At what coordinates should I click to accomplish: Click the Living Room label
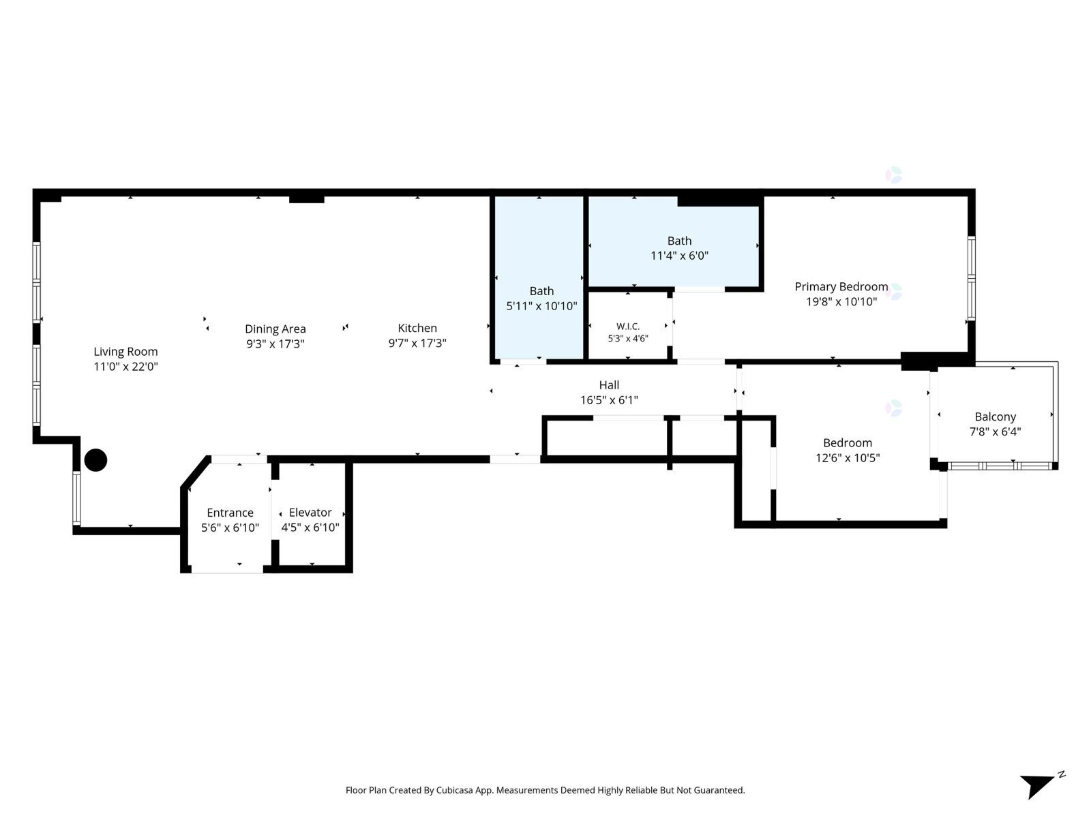(x=125, y=352)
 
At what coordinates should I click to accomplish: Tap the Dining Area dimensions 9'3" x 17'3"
(x=275, y=344)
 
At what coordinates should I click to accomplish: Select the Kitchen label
(x=417, y=328)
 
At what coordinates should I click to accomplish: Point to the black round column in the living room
(x=95, y=460)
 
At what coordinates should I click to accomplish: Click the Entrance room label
(x=230, y=513)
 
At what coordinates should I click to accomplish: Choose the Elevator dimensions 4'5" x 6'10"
(x=310, y=528)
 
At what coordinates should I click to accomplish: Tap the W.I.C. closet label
(x=628, y=327)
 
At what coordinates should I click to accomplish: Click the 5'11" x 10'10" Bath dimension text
(x=541, y=306)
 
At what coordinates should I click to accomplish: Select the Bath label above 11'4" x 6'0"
(x=679, y=241)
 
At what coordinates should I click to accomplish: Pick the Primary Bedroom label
(x=841, y=286)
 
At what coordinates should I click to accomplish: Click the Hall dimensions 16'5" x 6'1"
(x=609, y=400)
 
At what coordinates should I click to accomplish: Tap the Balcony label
(x=995, y=416)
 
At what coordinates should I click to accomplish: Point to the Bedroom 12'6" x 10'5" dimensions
(x=848, y=457)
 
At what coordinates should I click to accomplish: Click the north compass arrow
(x=1036, y=785)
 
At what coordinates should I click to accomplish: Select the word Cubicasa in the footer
(x=455, y=790)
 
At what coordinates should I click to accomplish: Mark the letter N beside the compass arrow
(x=1061, y=774)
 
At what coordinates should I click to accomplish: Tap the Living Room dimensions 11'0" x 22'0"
(x=125, y=367)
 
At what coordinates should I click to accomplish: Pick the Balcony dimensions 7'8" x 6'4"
(x=995, y=431)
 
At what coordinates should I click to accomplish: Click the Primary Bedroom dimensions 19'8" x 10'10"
(x=841, y=301)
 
